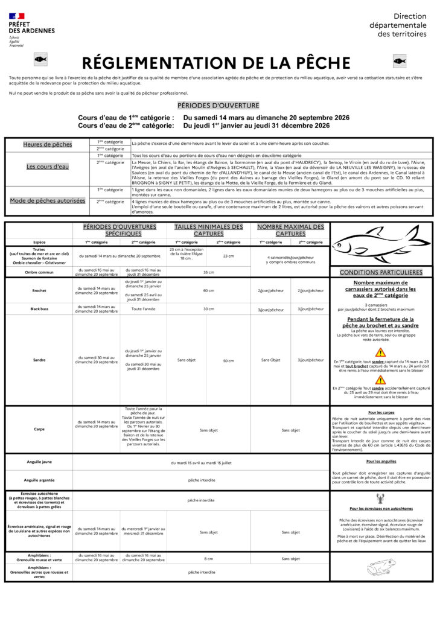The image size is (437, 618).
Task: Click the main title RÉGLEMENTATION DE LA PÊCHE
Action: (x=216, y=63)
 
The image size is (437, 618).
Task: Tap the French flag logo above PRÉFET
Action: (x=17, y=16)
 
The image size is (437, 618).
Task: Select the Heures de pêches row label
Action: (x=47, y=145)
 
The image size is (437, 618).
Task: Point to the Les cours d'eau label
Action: (x=47, y=167)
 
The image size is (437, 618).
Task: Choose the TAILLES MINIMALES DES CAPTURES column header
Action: (x=208, y=230)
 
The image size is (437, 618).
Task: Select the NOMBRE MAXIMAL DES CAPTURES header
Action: (x=290, y=230)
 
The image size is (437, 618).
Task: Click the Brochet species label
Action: (x=39, y=290)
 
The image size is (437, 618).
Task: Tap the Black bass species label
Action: (x=39, y=309)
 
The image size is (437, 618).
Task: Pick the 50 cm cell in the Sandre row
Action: (x=228, y=360)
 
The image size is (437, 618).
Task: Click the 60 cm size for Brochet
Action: (x=208, y=290)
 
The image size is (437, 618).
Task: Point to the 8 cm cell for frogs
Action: (x=208, y=559)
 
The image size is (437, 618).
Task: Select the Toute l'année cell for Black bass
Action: (x=143, y=309)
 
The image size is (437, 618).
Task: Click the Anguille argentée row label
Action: (x=39, y=480)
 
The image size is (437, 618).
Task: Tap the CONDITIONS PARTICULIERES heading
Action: (x=381, y=272)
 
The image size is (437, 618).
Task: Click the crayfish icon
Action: (x=381, y=499)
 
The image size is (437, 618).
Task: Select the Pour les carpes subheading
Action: (x=381, y=412)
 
